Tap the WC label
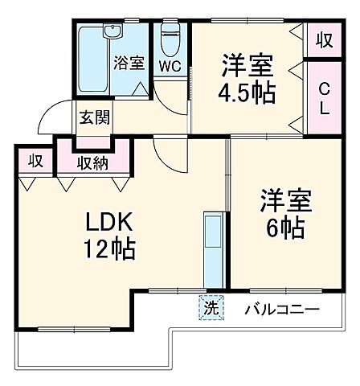click(170, 66)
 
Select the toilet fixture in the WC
click(170, 36)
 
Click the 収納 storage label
click(93, 162)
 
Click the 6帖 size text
click(282, 228)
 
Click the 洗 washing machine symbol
click(209, 307)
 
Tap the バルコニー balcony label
click(282, 308)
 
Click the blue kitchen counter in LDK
click(214, 249)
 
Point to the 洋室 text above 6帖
click(282, 199)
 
